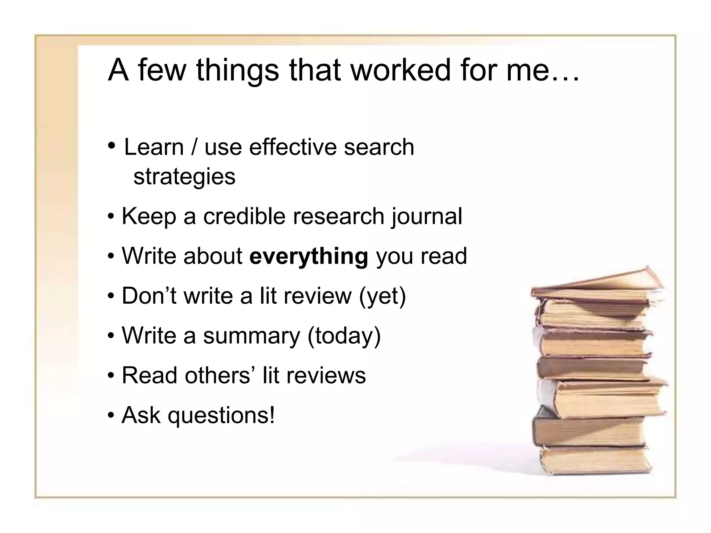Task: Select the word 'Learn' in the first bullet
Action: click(154, 147)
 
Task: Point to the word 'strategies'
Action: click(184, 177)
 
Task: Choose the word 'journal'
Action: click(427, 217)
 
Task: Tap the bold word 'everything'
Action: click(309, 256)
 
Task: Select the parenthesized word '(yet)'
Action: click(382, 296)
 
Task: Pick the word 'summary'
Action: click(251, 336)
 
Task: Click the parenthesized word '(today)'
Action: click(344, 336)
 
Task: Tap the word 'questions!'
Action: click(221, 416)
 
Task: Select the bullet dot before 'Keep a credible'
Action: click(111, 217)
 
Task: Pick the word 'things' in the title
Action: click(237, 70)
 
